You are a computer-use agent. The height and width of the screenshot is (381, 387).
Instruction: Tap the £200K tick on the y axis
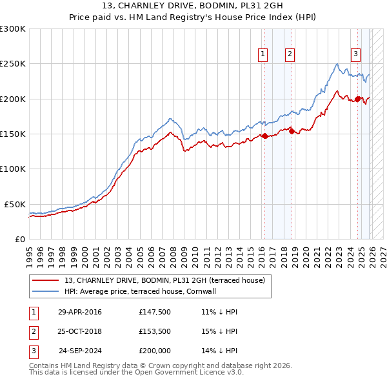(x=13, y=99)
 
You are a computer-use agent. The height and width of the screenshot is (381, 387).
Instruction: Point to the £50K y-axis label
(x=15, y=204)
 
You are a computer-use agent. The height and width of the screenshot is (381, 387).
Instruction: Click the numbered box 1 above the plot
(x=263, y=55)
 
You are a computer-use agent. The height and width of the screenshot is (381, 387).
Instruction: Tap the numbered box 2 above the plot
(x=290, y=55)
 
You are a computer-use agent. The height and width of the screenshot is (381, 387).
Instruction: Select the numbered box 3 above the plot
(x=355, y=55)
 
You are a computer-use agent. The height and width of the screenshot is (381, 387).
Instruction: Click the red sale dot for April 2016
(x=264, y=136)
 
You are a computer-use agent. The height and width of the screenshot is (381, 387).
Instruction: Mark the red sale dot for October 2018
(x=292, y=131)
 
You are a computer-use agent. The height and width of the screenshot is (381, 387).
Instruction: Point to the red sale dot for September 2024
(x=357, y=99)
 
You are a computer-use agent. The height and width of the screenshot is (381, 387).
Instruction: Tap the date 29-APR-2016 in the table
(x=79, y=312)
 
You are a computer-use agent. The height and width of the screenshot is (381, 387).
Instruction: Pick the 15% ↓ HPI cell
(x=219, y=331)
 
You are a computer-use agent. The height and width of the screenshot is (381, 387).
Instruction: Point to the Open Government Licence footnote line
(x=136, y=373)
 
